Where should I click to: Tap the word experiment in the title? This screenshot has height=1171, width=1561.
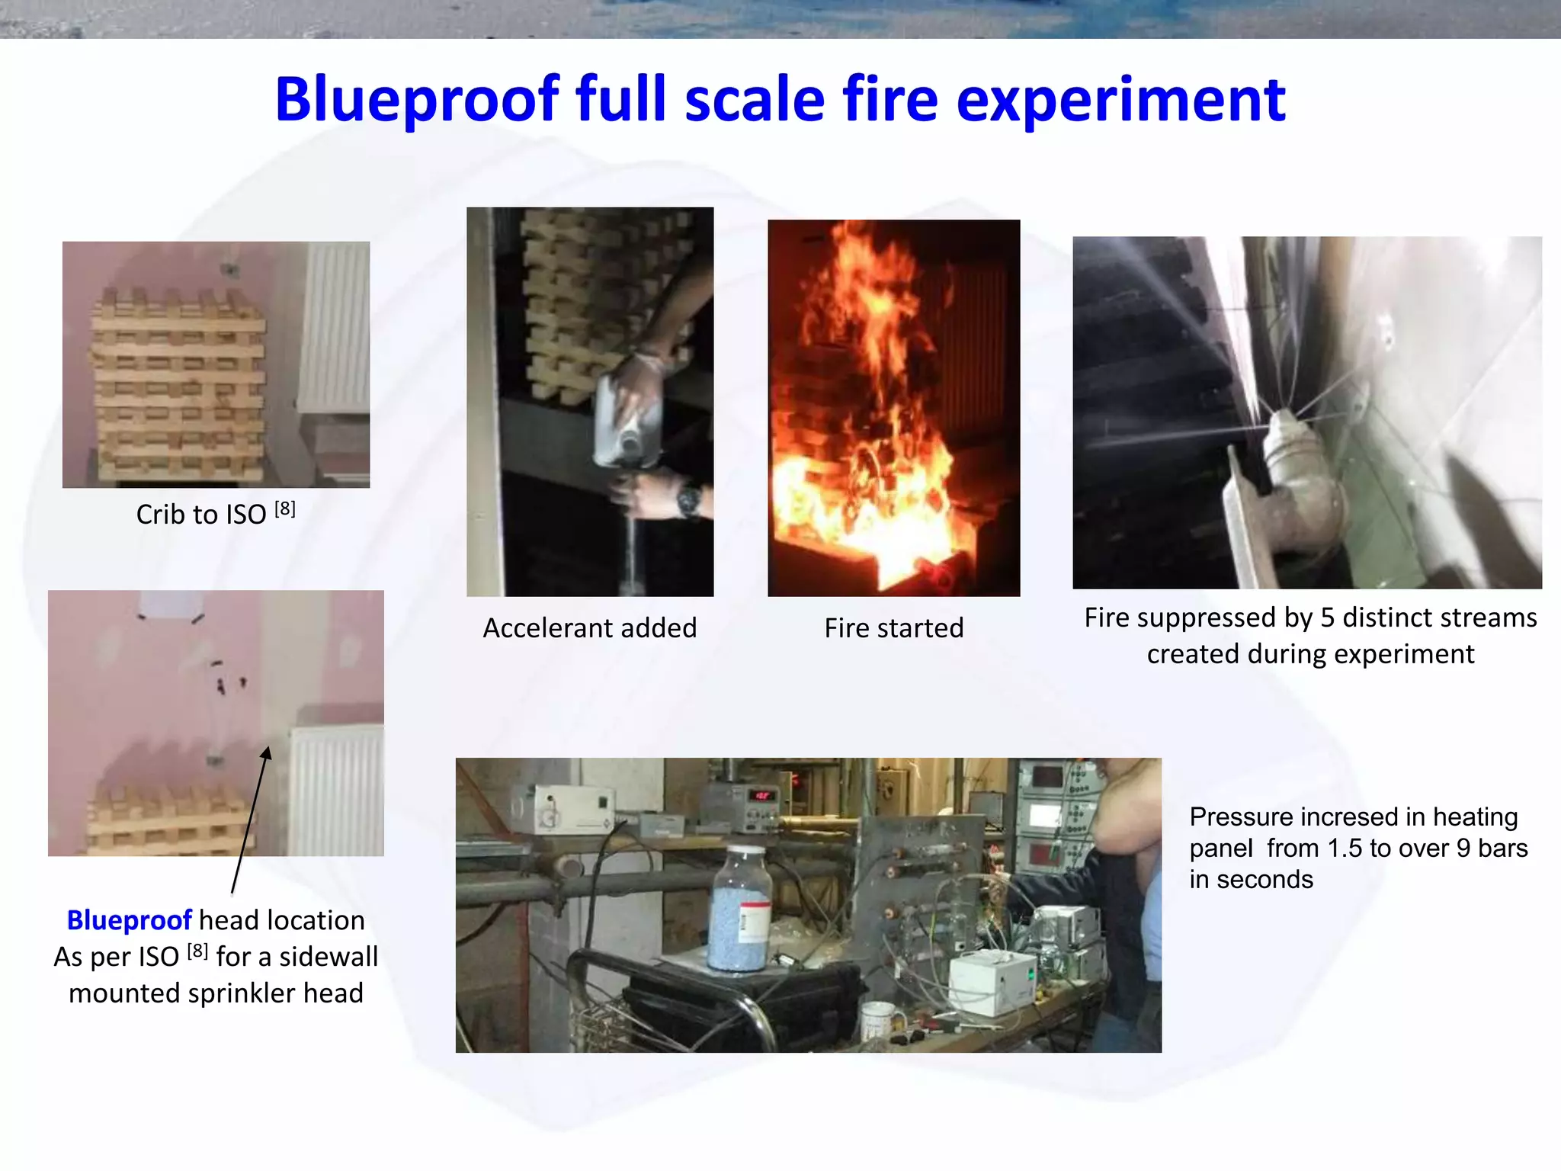tap(1120, 101)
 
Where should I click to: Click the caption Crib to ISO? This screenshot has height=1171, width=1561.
tap(201, 515)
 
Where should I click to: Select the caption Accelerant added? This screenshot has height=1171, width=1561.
tap(590, 628)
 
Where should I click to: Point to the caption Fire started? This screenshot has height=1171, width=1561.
tap(893, 628)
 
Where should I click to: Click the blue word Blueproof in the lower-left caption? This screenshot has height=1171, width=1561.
tap(129, 920)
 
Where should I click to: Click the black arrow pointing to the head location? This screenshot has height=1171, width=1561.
tap(250, 820)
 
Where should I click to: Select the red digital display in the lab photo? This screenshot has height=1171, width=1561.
tap(763, 796)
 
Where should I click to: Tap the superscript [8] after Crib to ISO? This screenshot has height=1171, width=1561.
tap(285, 509)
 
